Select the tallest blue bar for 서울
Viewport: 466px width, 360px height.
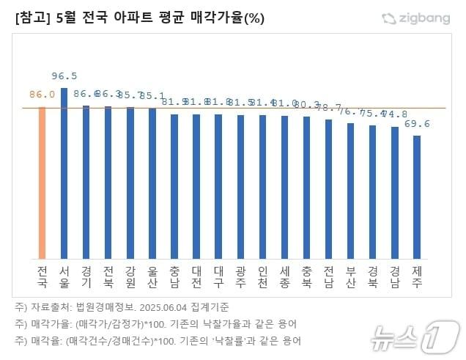[x=64, y=172]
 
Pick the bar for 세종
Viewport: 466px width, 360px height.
[x=284, y=186]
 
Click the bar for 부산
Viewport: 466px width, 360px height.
[x=350, y=191]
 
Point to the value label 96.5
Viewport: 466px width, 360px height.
[x=64, y=76]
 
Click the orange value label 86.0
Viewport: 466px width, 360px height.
[x=42, y=95]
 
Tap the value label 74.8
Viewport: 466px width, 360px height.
[x=395, y=114]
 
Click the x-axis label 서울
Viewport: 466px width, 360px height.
[x=64, y=276]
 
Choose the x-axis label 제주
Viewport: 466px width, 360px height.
[x=417, y=276]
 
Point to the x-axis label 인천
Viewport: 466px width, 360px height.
[x=262, y=276]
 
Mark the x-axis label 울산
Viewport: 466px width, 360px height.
[x=152, y=276]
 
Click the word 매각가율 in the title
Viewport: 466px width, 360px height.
[x=213, y=18]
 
